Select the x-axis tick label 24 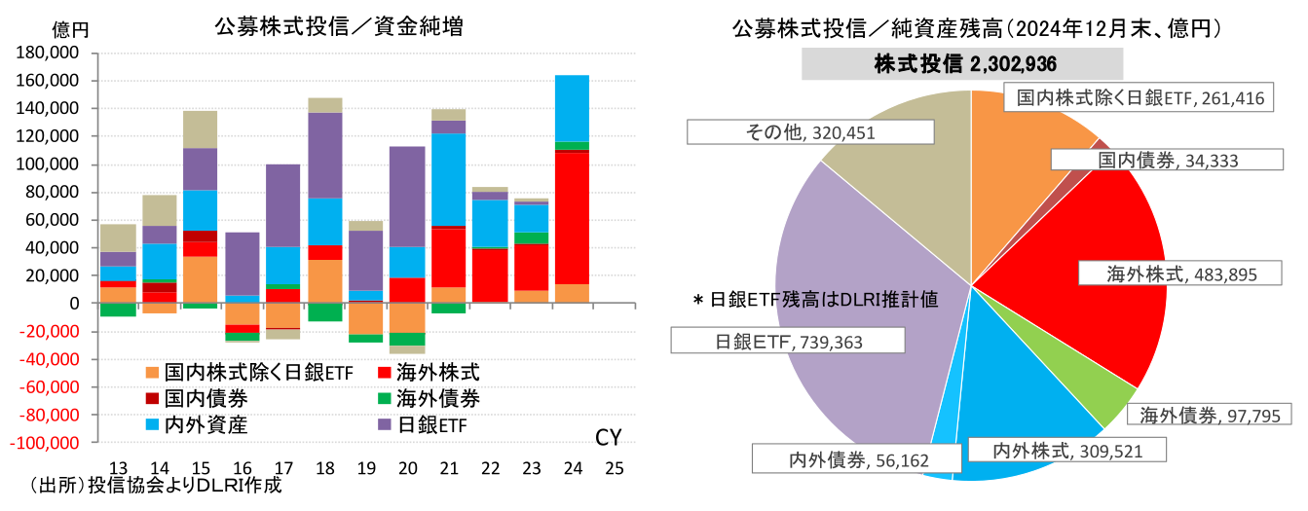(x=573, y=467)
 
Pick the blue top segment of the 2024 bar (x=573, y=108)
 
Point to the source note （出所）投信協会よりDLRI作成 (x=156, y=486)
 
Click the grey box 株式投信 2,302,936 (x=962, y=64)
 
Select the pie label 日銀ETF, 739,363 (x=789, y=340)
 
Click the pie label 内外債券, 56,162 (x=833, y=456)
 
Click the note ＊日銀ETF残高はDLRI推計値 (x=814, y=301)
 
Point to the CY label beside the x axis (x=608, y=437)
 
